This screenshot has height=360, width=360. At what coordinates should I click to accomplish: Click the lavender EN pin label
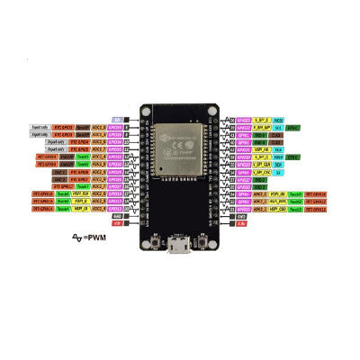click(117, 119)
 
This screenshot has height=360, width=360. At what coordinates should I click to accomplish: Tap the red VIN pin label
click(117, 223)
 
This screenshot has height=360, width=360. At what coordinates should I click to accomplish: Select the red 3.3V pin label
click(241, 223)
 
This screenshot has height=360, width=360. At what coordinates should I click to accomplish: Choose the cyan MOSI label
click(279, 119)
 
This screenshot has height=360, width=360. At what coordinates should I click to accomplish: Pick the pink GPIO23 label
click(242, 119)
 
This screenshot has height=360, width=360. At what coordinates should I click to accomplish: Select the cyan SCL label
click(280, 127)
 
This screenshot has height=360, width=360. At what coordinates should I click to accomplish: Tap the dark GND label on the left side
click(117, 216)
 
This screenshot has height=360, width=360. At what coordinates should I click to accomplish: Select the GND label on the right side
click(241, 216)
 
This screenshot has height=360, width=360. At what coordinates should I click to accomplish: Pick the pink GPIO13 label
click(115, 208)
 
